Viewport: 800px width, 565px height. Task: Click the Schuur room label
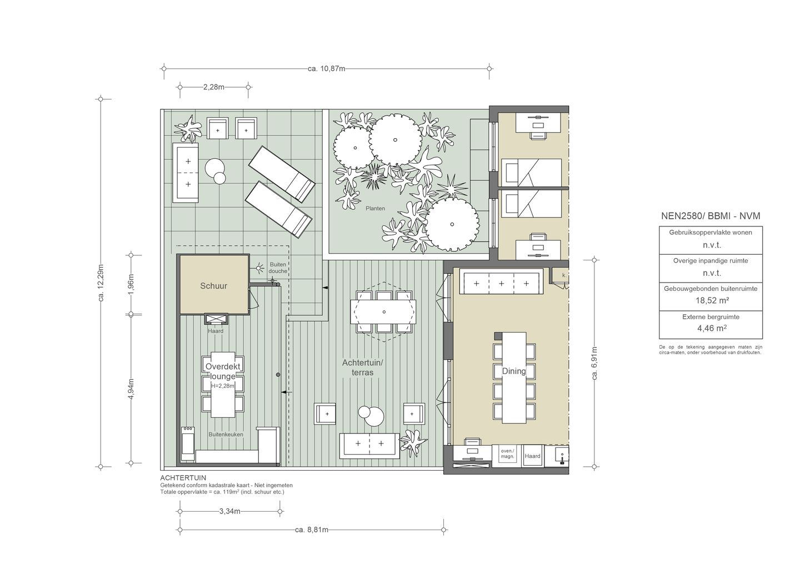click(x=213, y=286)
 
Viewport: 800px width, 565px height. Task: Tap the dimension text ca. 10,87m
click(x=327, y=68)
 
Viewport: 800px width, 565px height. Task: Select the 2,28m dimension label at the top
click(x=214, y=87)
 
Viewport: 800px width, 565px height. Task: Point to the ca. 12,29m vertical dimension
click(x=101, y=283)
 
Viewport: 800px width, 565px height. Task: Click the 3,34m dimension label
click(x=229, y=511)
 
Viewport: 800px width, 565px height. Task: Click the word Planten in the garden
click(x=376, y=208)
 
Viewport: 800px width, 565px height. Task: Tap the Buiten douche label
click(x=278, y=268)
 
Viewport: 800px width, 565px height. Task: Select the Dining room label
click(x=514, y=371)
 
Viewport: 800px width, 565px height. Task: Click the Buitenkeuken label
click(x=226, y=435)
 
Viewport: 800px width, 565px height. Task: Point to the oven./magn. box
click(x=508, y=455)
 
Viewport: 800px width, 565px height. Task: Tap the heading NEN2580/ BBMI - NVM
click(x=711, y=216)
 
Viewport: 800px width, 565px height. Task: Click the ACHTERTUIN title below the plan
click(x=183, y=478)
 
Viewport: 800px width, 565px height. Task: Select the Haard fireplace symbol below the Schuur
click(x=216, y=319)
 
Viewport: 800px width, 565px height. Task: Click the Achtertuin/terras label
click(x=362, y=367)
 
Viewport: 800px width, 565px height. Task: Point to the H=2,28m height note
click(x=222, y=386)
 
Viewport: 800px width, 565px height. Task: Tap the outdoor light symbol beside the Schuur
click(x=259, y=268)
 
